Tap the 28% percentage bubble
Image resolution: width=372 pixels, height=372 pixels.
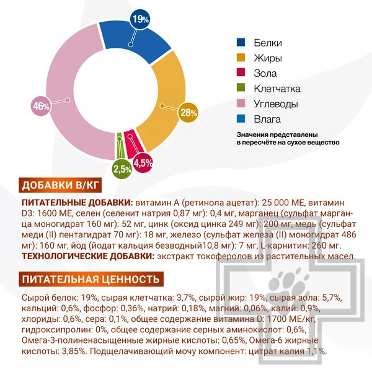coord(188,112)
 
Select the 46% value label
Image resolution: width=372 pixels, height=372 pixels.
coord(41,106)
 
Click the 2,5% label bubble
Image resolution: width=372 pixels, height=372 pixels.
coord(122,168)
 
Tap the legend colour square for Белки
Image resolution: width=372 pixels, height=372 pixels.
coord(241,43)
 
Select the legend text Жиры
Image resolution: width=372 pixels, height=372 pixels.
coord(267,58)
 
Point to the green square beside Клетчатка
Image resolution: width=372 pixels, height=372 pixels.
coord(241,89)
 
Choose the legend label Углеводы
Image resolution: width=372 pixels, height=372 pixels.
coord(276,104)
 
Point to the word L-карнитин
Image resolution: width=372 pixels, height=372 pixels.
coord(285,245)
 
